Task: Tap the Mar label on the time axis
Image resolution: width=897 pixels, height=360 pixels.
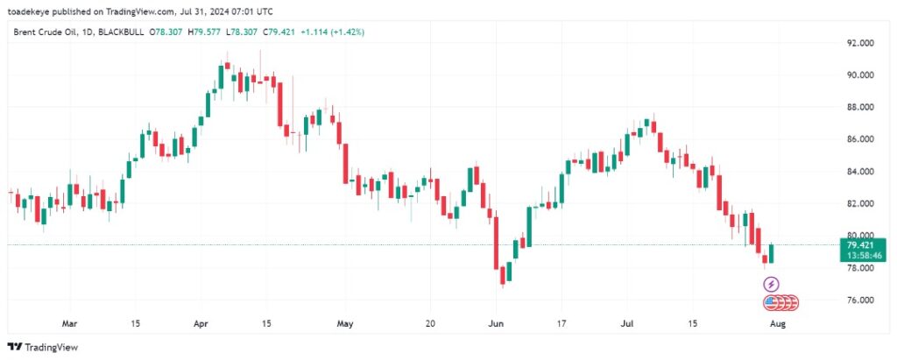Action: pos(70,322)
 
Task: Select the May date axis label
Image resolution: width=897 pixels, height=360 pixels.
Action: pos(346,322)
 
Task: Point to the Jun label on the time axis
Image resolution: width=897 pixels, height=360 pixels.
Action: pos(496,322)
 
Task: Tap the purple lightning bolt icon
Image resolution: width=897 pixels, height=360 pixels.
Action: pos(771,284)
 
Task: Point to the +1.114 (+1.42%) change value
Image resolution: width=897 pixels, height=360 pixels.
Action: pos(333,32)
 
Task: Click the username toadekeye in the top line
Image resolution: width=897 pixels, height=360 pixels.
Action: pos(32,11)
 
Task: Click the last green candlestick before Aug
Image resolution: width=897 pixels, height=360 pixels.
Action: pos(771,254)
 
